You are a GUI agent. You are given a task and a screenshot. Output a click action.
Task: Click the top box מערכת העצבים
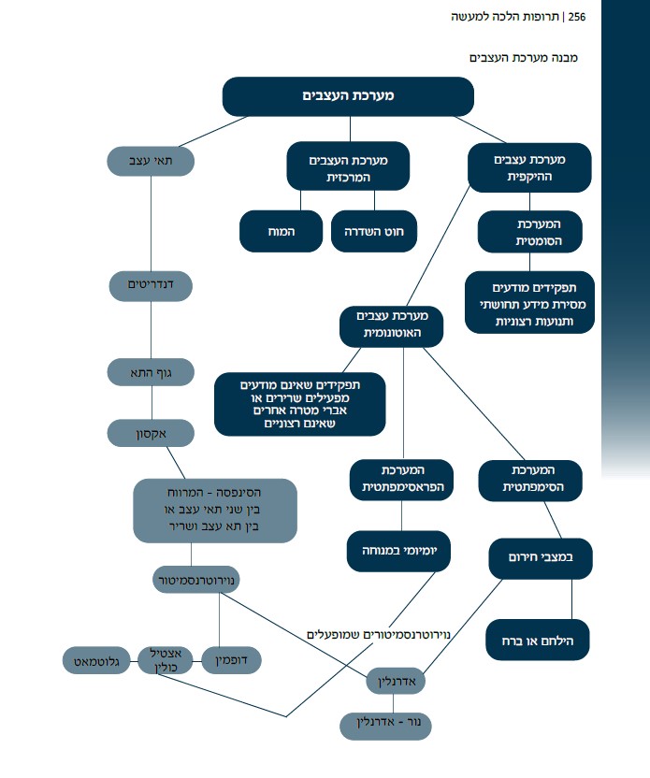[348, 96]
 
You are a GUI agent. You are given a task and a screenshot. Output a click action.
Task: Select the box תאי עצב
[150, 161]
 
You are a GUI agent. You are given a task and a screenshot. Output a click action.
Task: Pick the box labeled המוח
[281, 231]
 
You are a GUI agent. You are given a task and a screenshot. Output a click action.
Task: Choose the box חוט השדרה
[373, 231]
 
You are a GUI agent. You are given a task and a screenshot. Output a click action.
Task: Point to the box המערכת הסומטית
[529, 233]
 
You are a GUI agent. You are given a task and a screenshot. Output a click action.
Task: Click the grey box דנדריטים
[151, 283]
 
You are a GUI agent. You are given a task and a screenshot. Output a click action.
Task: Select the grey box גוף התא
[151, 372]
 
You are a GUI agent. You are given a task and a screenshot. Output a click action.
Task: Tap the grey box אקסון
[151, 433]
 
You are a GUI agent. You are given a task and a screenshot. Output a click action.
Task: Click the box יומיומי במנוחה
[398, 552]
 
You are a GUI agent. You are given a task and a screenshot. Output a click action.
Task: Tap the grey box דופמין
[231, 660]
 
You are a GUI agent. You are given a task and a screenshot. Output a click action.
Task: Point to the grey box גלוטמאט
[95, 660]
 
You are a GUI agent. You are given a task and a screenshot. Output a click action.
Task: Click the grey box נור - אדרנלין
[386, 724]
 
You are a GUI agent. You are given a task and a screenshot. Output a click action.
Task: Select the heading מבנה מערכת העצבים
[523, 57]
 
